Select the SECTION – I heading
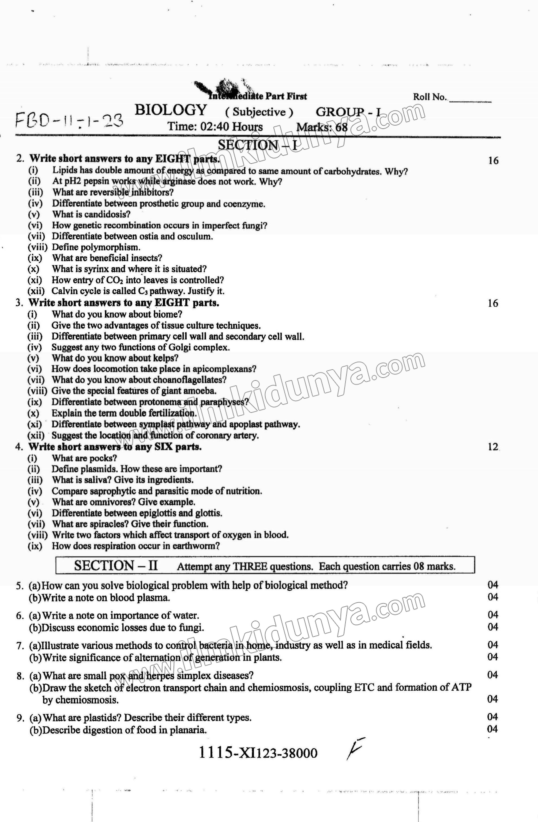(x=257, y=145)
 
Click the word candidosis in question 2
(x=106, y=214)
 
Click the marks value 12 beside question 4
(x=493, y=447)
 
